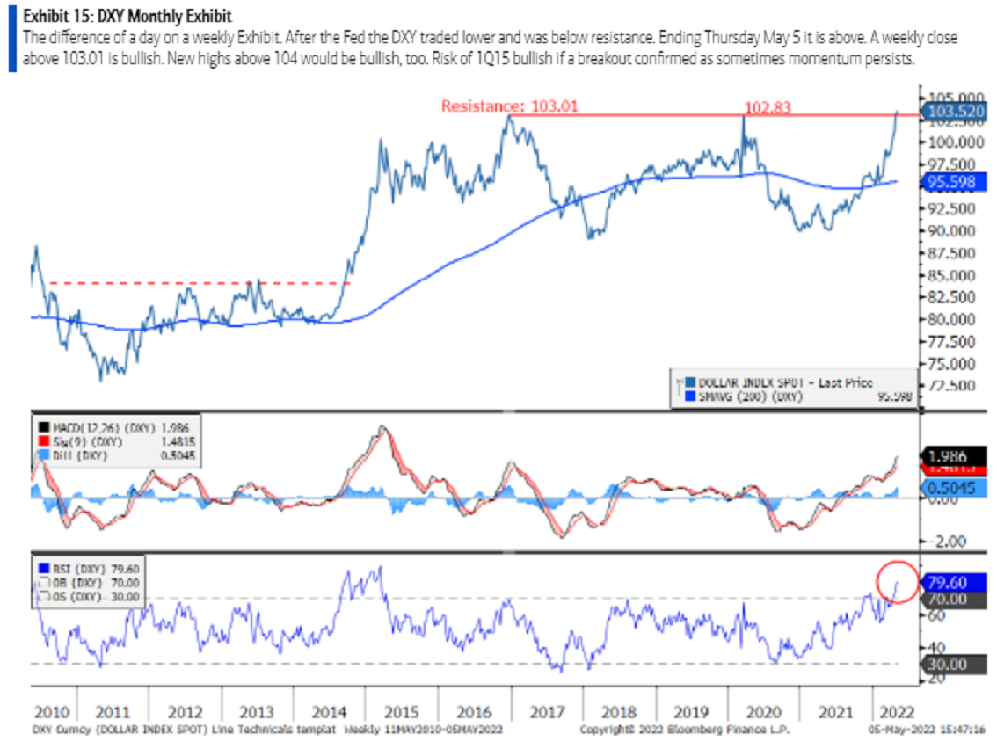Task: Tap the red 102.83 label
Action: [x=768, y=106]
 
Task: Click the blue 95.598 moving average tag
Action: [x=953, y=182]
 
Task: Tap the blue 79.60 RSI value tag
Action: [x=955, y=582]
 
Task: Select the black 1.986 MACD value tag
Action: [x=955, y=457]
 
